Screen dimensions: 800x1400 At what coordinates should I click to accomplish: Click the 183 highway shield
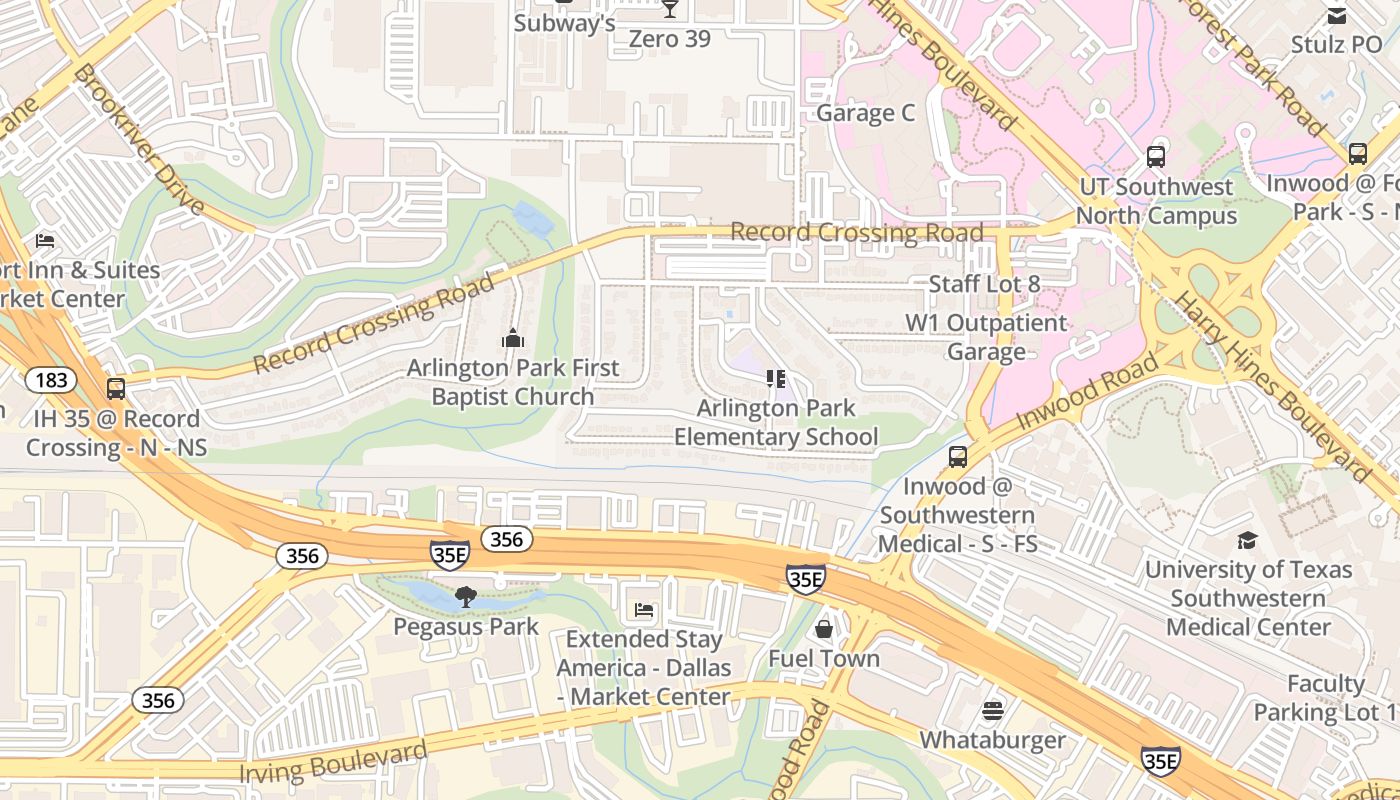coord(47,380)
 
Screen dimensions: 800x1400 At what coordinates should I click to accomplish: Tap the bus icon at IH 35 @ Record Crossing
coord(116,389)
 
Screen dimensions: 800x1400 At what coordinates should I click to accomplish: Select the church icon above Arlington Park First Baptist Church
coord(513,338)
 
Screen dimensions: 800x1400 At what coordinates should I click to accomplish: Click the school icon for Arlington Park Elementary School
coord(775,378)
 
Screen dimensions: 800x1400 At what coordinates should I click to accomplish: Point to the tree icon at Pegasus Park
coord(465,597)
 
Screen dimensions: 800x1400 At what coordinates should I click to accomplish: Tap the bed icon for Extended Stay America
coord(644,609)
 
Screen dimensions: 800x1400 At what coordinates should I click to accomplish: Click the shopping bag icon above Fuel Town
coord(824,628)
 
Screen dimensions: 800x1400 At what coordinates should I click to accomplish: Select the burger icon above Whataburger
coord(992,710)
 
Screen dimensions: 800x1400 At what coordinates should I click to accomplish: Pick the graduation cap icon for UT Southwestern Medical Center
coord(1247,540)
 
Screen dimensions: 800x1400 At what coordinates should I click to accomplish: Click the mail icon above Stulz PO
coord(1336,15)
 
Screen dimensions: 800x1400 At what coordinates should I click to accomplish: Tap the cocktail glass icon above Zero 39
coord(669,9)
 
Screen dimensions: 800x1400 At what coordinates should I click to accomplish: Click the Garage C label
coord(865,113)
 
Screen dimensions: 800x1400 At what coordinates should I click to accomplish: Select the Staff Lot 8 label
coord(984,284)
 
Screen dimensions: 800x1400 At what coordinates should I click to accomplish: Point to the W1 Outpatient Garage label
coord(986,337)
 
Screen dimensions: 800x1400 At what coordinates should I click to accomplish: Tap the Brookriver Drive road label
coord(139,140)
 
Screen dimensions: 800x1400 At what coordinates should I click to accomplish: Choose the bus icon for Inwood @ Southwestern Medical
coord(957,457)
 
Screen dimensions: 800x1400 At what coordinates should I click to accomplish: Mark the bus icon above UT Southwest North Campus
coord(1156,157)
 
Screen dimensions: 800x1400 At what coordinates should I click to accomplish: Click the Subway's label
coord(564,23)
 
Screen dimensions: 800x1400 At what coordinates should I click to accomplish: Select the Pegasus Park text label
coord(466,627)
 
